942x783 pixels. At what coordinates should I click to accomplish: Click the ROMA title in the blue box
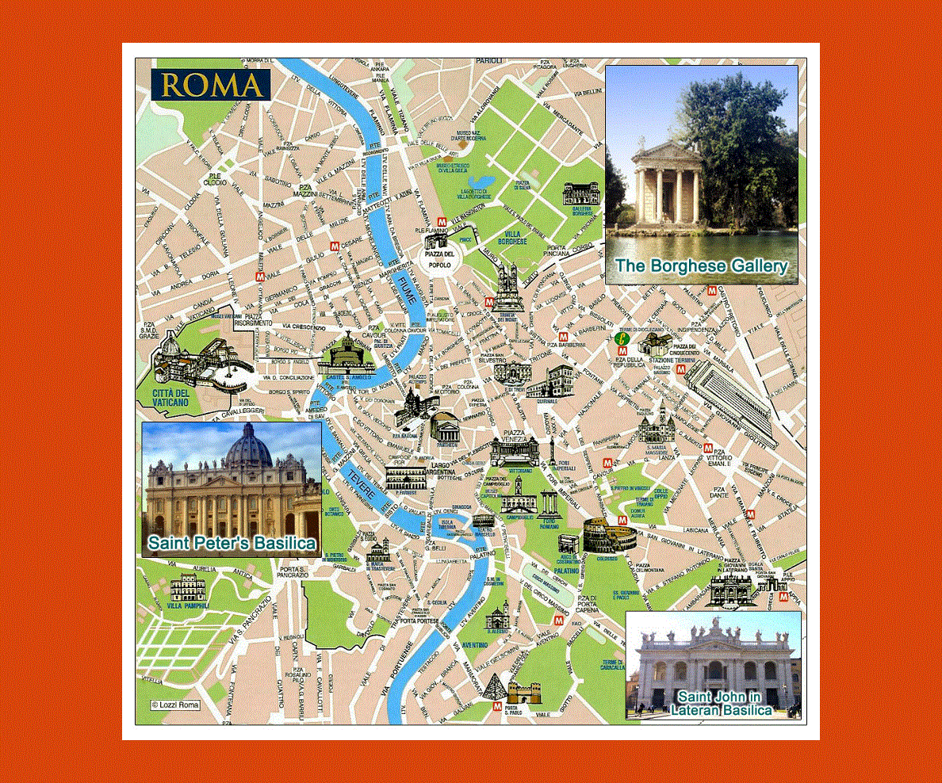tap(212, 85)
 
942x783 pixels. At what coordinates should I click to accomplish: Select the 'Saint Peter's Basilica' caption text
tap(232, 544)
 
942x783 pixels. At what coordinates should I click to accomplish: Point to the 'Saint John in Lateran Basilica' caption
tap(720, 703)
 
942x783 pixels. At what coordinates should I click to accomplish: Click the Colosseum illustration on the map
tap(609, 536)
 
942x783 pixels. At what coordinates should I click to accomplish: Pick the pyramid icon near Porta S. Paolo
tap(494, 686)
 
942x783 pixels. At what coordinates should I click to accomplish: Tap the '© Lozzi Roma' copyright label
tap(175, 704)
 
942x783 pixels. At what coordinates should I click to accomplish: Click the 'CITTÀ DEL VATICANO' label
tap(171, 398)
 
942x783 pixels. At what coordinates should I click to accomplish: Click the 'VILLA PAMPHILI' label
tap(187, 605)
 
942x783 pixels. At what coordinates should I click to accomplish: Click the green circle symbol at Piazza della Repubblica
tap(623, 339)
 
